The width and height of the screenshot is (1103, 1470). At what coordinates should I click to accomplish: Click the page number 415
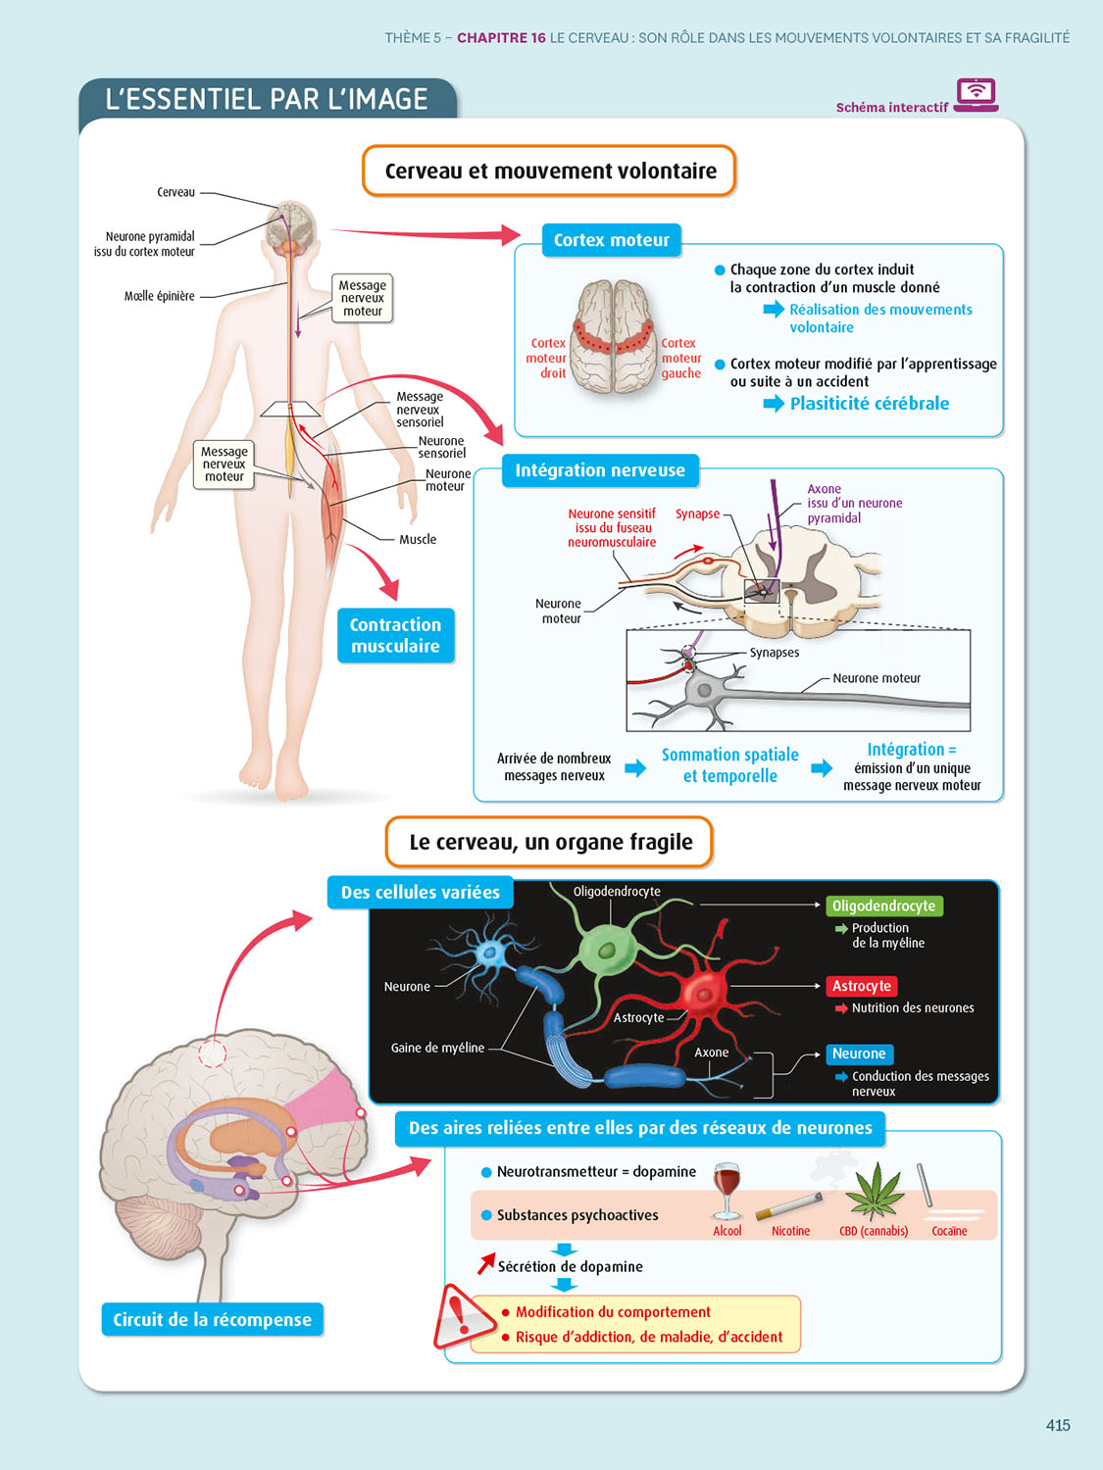[x=1057, y=1425]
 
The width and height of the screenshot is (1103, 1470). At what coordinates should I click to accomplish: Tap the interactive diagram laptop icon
[x=976, y=95]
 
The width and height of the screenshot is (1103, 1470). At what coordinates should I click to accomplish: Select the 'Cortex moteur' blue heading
[x=611, y=240]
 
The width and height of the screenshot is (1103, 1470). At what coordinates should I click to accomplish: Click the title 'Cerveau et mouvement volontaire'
[x=550, y=171]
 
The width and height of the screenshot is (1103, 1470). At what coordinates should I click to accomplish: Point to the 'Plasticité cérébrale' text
[x=869, y=403]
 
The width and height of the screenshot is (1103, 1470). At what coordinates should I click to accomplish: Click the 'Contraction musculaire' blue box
[x=395, y=635]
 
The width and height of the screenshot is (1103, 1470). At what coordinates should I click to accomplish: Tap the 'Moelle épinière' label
[x=159, y=296]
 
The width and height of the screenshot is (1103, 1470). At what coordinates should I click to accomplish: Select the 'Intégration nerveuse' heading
[x=600, y=470]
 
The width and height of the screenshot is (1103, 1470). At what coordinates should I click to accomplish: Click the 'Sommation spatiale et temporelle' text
[x=729, y=765]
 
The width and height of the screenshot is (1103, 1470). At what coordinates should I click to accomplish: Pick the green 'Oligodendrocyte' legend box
[x=883, y=906]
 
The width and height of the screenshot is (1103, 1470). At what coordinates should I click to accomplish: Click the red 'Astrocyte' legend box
[x=861, y=986]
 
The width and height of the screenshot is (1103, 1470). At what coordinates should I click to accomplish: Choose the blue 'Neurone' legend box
[x=858, y=1053]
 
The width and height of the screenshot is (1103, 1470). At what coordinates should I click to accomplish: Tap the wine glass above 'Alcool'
[x=727, y=1190]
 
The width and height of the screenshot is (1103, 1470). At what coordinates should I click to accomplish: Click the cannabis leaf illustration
[x=875, y=1190]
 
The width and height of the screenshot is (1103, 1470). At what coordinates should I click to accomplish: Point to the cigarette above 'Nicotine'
[x=789, y=1205]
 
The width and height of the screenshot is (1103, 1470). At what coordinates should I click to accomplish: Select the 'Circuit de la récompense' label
[x=212, y=1320]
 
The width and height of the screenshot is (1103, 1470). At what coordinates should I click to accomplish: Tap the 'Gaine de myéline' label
[x=437, y=1048]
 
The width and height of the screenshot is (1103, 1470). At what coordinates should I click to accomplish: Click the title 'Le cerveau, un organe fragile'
[x=550, y=843]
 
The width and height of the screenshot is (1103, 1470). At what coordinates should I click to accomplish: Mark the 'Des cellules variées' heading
[x=420, y=893]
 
